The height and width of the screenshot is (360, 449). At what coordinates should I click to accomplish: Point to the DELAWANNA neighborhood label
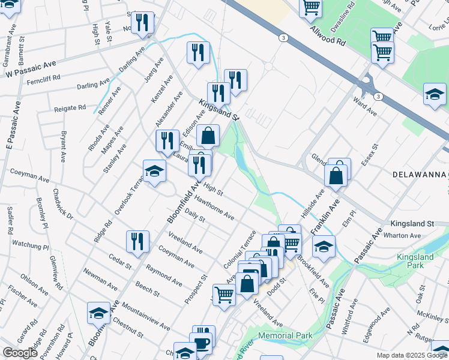coord(420,175)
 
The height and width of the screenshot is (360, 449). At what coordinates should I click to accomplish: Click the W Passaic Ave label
coord(31,70)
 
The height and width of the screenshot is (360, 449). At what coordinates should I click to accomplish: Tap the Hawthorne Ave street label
coord(213,209)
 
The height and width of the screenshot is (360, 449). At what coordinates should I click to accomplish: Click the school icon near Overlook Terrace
coord(154,171)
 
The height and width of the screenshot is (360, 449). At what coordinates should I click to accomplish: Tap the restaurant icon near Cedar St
coord(137,241)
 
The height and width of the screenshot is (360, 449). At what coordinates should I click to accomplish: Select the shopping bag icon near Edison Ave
coord(208,136)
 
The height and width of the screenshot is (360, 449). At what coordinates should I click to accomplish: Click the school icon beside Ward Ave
coord(435,95)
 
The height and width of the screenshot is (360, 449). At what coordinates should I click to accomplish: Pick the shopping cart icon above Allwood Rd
coord(311,7)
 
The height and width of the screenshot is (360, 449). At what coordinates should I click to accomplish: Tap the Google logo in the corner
coord(20,353)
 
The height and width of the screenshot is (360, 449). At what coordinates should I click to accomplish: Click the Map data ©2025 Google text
coord(412,355)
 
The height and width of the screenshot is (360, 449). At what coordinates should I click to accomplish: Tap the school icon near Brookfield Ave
coord(324,247)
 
